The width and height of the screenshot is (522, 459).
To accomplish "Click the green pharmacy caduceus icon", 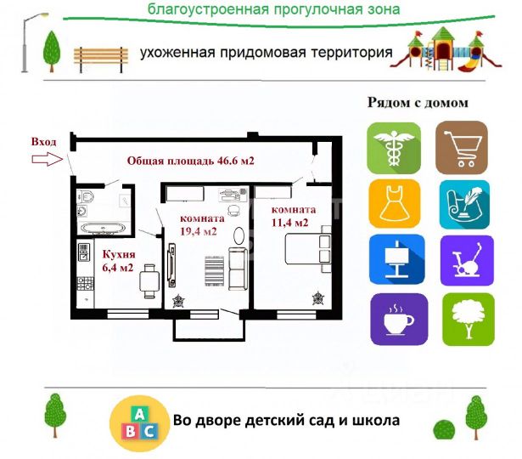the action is click(395, 148).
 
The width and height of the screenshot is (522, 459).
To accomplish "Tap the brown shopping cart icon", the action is click(462, 148).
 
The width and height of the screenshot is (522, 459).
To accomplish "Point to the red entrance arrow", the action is click(48, 158).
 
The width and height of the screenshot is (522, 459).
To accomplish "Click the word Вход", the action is click(44, 141).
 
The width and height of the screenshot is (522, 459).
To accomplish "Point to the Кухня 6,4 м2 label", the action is click(118, 260).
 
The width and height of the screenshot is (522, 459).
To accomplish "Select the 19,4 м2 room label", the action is click(199, 224).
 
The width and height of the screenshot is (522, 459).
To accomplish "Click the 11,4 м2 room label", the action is click(289, 216).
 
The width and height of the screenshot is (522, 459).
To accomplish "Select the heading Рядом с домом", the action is click(417, 103).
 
